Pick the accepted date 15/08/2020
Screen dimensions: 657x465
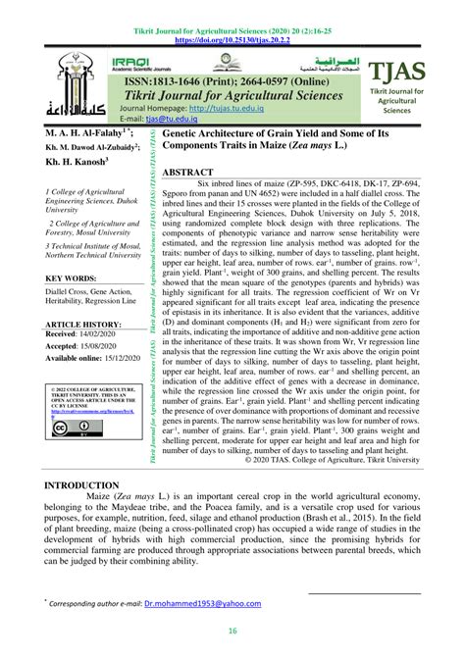pyautogui.click(x=110, y=346)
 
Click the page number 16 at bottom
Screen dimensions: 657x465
pyautogui.click(x=232, y=632)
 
